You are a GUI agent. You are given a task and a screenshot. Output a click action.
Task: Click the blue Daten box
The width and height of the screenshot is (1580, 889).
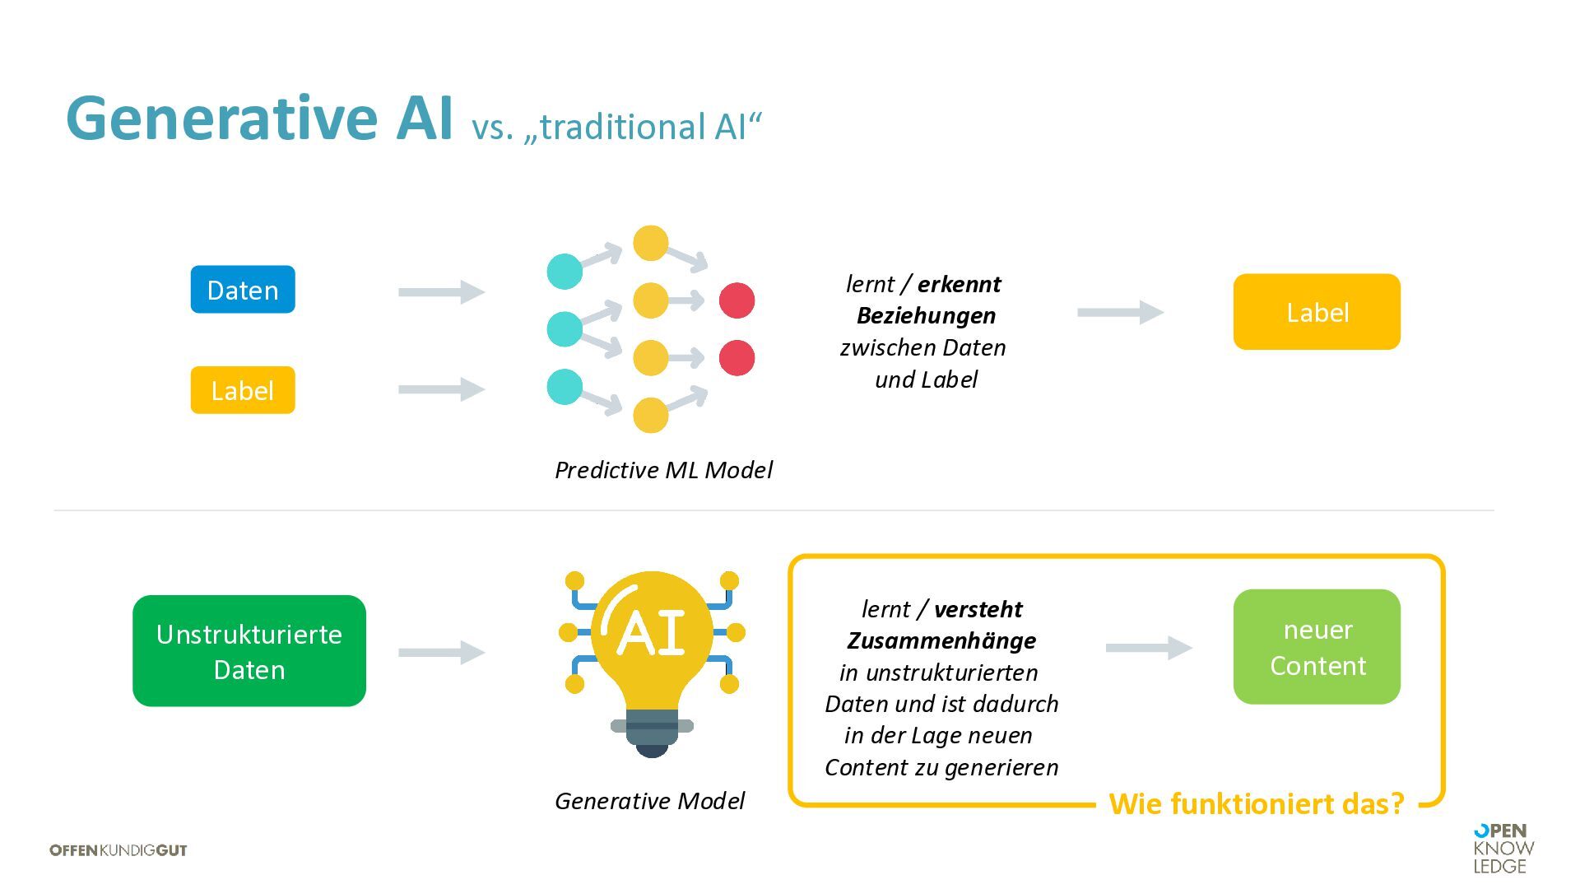[x=243, y=290]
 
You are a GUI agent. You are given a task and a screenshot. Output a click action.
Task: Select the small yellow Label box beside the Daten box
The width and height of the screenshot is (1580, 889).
[x=243, y=390]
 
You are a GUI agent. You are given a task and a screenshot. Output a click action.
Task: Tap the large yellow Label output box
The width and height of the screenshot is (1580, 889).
[x=1317, y=312]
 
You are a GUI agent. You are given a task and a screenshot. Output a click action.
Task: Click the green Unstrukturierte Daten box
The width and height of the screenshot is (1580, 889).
[x=249, y=651]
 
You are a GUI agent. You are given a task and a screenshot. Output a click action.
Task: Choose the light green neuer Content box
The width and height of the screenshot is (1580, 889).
[x=1317, y=647]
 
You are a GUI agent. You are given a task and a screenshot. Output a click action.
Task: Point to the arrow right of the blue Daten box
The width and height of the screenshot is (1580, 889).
[x=442, y=291]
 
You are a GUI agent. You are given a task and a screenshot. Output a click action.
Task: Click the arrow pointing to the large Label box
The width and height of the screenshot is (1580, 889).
[x=1120, y=312]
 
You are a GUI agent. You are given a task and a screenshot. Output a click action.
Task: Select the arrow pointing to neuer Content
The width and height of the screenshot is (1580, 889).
[x=1149, y=648]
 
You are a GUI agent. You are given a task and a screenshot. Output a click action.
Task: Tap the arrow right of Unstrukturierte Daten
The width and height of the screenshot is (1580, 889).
[x=442, y=652]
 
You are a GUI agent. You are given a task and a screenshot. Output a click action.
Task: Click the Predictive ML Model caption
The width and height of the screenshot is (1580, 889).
[x=663, y=470]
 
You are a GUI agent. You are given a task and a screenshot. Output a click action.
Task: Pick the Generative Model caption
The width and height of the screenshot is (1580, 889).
[x=649, y=801]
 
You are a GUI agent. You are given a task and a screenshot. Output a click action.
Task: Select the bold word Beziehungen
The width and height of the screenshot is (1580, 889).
[x=926, y=315]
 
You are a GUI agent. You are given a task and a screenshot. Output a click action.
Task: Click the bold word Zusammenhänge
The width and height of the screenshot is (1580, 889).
[x=941, y=640]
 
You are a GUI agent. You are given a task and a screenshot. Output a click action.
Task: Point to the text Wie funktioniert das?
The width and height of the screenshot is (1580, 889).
[x=1257, y=803]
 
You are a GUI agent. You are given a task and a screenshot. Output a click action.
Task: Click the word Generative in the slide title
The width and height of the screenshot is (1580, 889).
[x=221, y=119]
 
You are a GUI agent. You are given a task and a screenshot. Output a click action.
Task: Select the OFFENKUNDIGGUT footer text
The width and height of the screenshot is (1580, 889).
[x=118, y=850]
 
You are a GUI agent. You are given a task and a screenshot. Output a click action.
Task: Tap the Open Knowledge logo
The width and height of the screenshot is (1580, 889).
[x=1503, y=849]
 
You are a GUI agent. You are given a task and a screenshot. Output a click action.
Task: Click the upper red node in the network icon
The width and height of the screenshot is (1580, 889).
[x=737, y=300]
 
